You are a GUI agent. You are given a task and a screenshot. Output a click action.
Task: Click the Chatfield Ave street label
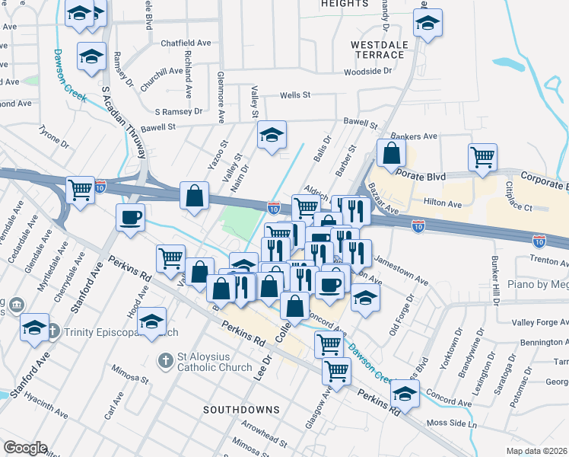pyautogui.click(x=186, y=43)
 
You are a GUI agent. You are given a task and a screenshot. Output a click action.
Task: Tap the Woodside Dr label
pyautogui.click(x=367, y=72)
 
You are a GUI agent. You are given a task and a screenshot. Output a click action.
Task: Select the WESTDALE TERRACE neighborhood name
pyautogui.click(x=377, y=50)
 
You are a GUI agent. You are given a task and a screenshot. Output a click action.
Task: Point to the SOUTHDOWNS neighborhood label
pyautogui.click(x=241, y=410)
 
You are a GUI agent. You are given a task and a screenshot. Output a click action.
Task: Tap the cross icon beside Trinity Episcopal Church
pyautogui.click(x=53, y=331)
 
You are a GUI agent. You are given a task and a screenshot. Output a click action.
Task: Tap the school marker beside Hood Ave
pyautogui.click(x=153, y=323)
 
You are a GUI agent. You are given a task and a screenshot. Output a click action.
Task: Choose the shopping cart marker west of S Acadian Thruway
pyautogui.click(x=79, y=190)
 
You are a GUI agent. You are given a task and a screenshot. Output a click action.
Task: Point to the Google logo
pyautogui.click(x=25, y=448)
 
